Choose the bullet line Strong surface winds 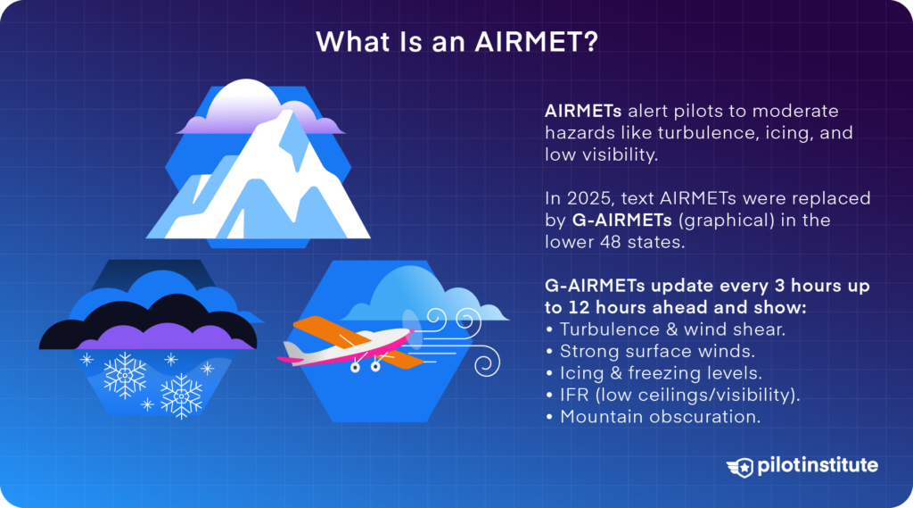pos(648,352)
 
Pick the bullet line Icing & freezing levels pos(658,373)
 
